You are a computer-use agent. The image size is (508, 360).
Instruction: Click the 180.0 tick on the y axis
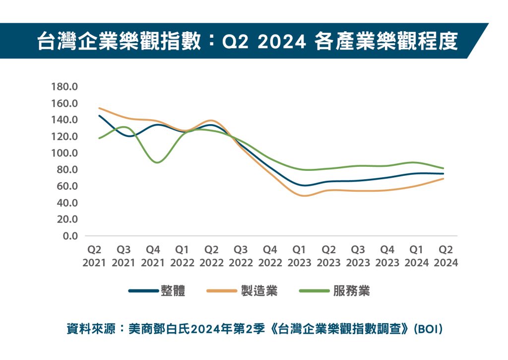pos(64,87)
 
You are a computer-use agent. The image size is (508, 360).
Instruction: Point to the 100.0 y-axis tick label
pos(64,153)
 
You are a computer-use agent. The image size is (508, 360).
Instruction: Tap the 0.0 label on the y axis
pos(69,236)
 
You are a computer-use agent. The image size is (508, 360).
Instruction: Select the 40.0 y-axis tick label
pos(66,203)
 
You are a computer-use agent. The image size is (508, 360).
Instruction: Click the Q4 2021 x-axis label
pos(153,256)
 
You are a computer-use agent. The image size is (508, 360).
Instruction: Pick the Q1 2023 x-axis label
pos(299,256)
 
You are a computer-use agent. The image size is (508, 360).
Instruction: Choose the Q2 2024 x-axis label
pos(445,256)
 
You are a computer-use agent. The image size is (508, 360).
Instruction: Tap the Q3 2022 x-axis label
pos(241,256)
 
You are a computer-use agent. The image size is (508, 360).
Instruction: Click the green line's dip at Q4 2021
pos(157,162)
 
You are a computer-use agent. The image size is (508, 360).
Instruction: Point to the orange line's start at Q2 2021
pos(99,108)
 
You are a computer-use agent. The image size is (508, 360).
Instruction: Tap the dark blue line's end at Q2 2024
pos(443,174)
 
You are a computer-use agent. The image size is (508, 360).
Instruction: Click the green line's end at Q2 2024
pos(443,168)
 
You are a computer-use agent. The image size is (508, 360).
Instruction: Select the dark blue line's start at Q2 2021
pos(99,116)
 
